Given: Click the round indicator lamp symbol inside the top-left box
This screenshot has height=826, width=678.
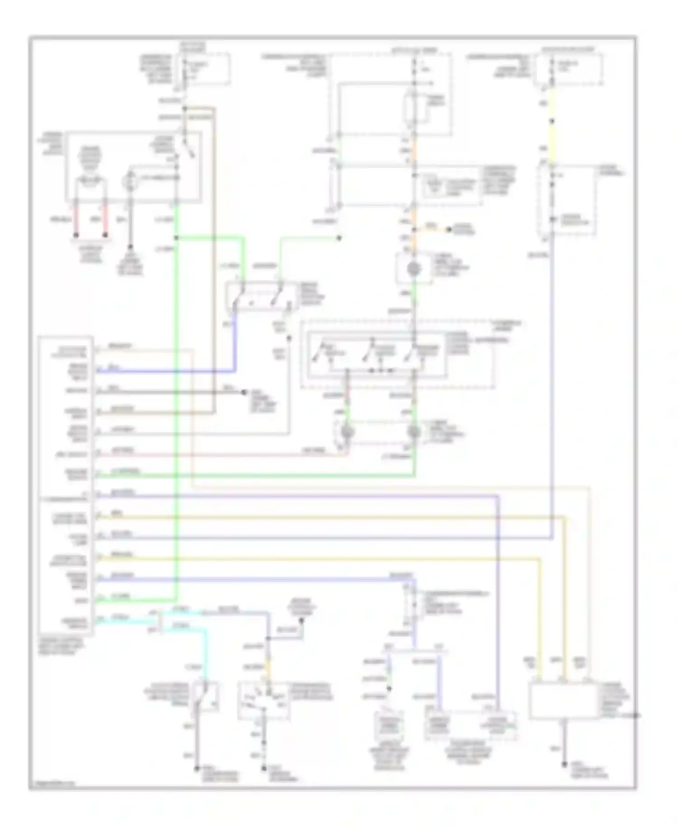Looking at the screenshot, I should click(130, 177).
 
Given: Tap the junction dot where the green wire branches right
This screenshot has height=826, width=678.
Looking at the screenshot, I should click(176, 238).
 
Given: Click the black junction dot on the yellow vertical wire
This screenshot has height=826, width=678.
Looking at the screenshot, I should click(552, 121).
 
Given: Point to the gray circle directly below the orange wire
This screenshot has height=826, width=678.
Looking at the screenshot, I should click(414, 269).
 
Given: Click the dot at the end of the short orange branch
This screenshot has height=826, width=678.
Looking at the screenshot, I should click(449, 230).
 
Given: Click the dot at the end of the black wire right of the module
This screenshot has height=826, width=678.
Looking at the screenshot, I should click(244, 392).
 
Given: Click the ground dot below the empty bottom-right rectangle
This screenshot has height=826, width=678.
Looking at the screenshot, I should click(564, 765).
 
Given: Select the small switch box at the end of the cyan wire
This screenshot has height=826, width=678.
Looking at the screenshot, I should click(206, 697).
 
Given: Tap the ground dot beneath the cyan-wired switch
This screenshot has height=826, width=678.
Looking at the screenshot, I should click(197, 768).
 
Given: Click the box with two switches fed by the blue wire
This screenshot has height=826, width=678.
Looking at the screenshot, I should click(261, 296).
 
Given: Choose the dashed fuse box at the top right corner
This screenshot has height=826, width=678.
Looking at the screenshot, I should click(568, 69).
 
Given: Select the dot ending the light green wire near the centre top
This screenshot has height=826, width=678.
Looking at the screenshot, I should click(339, 238).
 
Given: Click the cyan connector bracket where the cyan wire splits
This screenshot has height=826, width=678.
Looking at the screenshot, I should click(162, 620).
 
